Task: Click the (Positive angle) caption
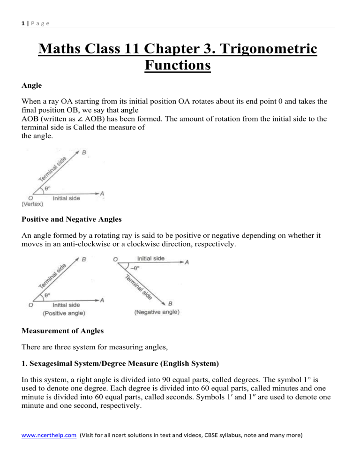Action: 64,312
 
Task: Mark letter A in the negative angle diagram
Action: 187,263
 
